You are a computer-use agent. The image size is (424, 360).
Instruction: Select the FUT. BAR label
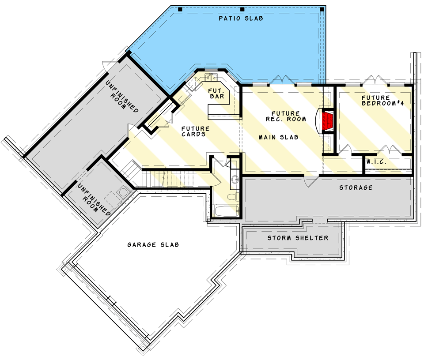216,93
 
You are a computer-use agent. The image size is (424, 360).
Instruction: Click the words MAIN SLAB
278,138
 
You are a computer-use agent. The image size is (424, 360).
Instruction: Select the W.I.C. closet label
376,162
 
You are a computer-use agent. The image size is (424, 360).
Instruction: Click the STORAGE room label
356,188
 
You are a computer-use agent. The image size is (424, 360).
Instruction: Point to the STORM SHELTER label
297,238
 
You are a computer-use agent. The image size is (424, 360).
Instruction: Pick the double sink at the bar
210,79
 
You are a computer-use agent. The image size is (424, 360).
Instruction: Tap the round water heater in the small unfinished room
123,192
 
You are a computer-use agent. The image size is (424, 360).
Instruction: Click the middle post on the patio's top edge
242,9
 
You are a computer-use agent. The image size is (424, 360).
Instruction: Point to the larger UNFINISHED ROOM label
123,97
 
